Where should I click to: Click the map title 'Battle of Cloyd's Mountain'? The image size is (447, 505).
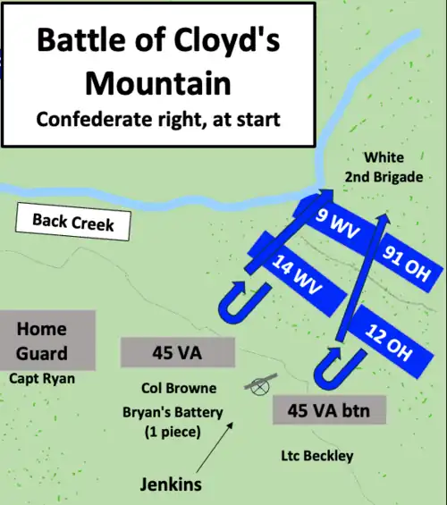[x=157, y=61]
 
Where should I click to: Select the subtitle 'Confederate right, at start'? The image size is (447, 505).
[x=157, y=119]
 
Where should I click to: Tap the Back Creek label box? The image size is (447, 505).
[x=73, y=222]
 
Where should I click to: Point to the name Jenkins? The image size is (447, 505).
[x=171, y=484]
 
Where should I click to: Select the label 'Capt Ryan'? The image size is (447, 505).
[x=42, y=378]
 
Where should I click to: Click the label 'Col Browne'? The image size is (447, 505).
[x=179, y=389]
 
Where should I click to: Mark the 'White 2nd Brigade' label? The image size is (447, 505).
[x=384, y=167]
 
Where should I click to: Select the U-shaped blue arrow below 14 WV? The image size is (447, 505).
[x=237, y=299]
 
